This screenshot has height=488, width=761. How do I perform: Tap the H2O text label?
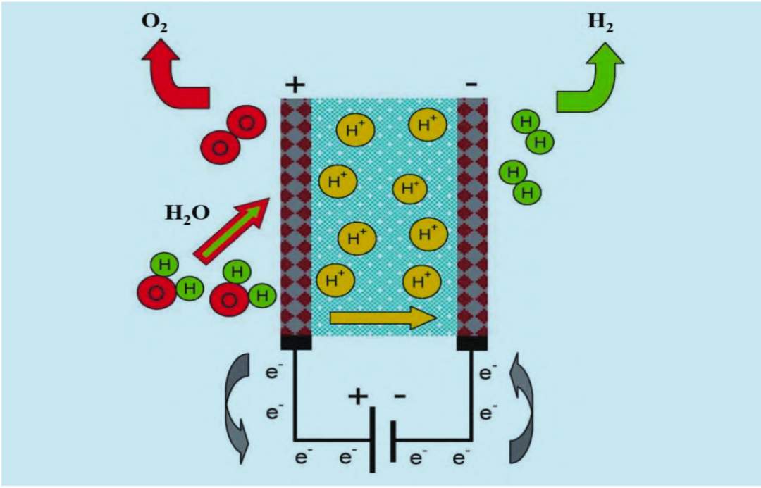click(x=187, y=211)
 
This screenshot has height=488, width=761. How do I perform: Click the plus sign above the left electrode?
click(x=295, y=86)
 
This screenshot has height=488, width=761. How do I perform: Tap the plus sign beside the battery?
click(x=358, y=396)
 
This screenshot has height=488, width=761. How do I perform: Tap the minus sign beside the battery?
click(x=400, y=396)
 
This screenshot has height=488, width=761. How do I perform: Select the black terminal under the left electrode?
click(x=295, y=342)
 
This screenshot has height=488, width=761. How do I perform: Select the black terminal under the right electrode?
click(x=471, y=342)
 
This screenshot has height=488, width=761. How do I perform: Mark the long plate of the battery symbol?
click(x=372, y=440)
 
